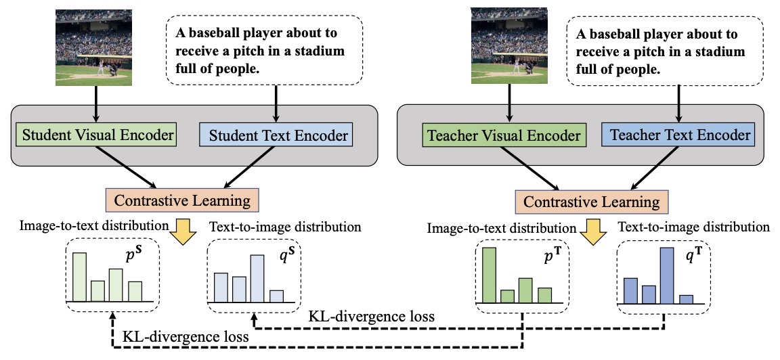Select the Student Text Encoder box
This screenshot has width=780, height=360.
click(x=276, y=135)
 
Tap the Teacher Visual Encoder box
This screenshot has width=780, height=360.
click(x=504, y=135)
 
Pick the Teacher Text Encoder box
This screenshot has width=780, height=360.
click(x=676, y=135)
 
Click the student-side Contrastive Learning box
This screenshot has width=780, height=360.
click(x=182, y=200)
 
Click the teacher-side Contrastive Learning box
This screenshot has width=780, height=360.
click(x=592, y=202)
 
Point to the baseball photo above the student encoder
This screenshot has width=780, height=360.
click(x=94, y=48)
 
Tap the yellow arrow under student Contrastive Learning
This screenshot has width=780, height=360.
click(x=183, y=231)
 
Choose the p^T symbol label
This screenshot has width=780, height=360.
click(x=548, y=259)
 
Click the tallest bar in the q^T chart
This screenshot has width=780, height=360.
click(x=667, y=275)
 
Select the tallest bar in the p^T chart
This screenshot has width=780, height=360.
click(x=490, y=275)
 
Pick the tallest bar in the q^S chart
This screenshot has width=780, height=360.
click(x=257, y=278)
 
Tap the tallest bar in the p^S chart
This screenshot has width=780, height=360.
click(x=80, y=277)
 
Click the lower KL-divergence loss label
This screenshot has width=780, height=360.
click(x=186, y=336)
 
